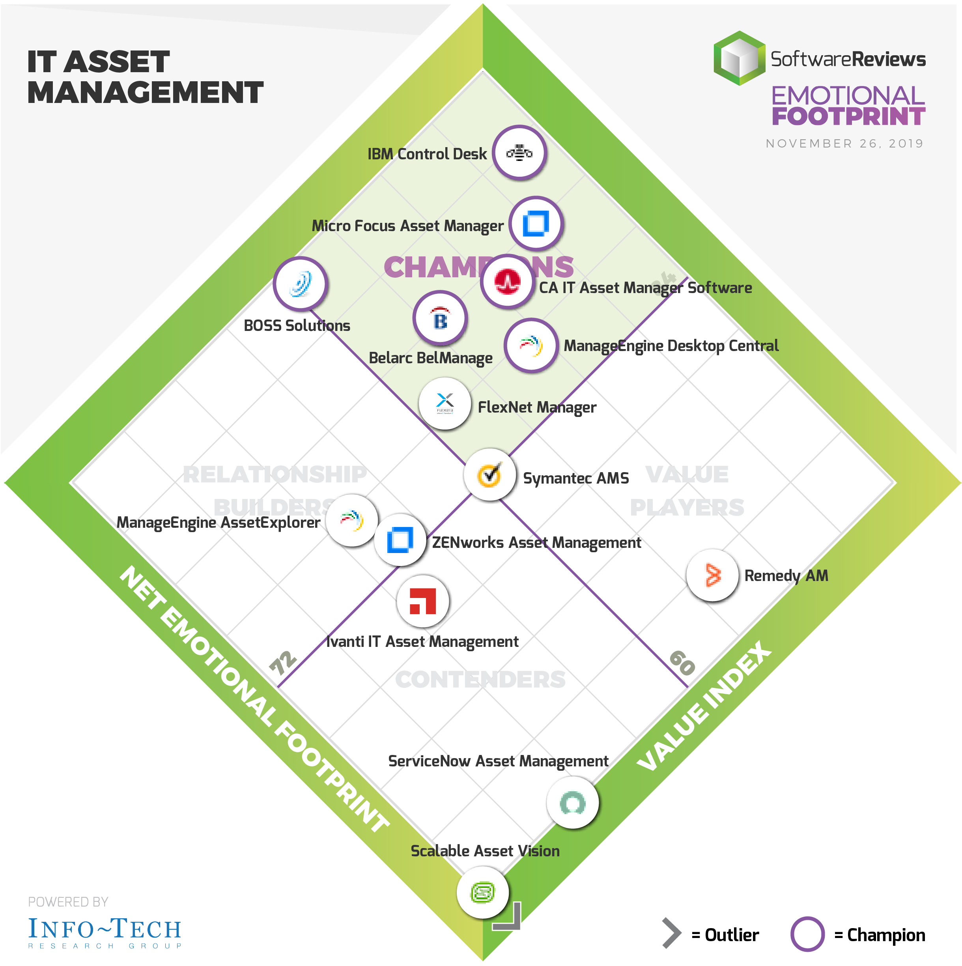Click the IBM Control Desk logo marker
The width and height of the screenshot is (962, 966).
pyautogui.click(x=519, y=153)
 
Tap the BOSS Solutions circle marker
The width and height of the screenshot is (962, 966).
pyautogui.click(x=300, y=284)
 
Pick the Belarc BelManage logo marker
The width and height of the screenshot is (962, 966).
pyautogui.click(x=440, y=318)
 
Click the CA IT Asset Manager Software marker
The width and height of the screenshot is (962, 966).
pyautogui.click(x=508, y=282)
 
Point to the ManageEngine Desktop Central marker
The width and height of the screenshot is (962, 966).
pyautogui.click(x=531, y=345)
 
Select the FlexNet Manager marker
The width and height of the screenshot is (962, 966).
pyautogui.click(x=445, y=404)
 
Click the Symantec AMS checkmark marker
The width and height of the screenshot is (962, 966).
pyautogui.click(x=489, y=475)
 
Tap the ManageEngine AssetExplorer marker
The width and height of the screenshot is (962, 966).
pyautogui.click(x=352, y=521)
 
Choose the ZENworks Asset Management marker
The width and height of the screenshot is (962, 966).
pyautogui.click(x=400, y=540)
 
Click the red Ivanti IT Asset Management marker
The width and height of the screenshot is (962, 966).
pyautogui.click(x=422, y=601)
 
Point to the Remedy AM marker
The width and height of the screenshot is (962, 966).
pyautogui.click(x=712, y=575)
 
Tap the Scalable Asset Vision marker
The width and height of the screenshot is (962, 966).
pyautogui.click(x=482, y=893)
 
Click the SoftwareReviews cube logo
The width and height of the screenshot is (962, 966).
pyautogui.click(x=739, y=58)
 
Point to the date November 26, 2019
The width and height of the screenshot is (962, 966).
pyautogui.click(x=844, y=144)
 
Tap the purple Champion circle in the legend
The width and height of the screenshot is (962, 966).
pyautogui.click(x=807, y=934)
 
